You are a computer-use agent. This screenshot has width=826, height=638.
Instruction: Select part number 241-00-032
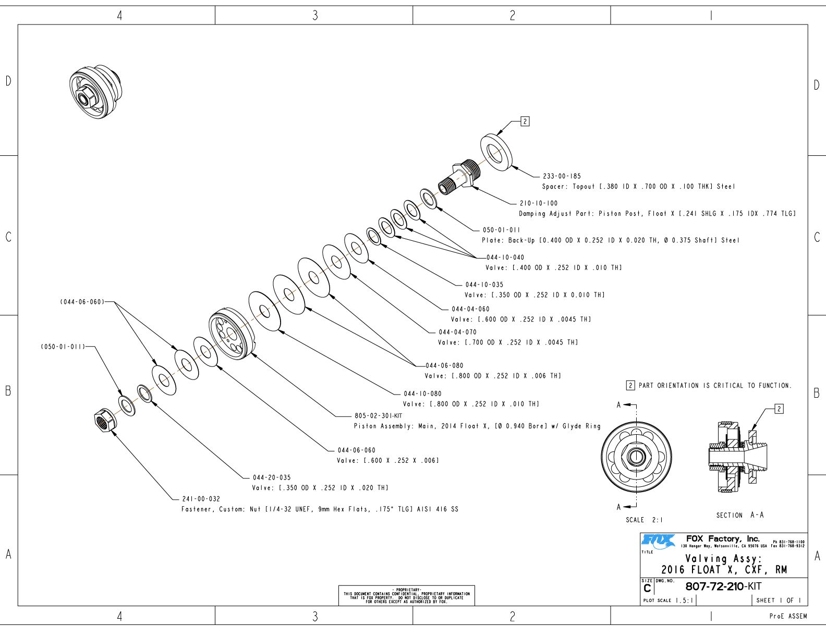coord(201,499)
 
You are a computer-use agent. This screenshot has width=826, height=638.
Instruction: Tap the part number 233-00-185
coord(562,176)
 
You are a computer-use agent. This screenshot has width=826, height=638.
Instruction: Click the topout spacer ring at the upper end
coord(496,152)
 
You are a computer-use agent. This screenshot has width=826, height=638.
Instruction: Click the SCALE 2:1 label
coord(644,520)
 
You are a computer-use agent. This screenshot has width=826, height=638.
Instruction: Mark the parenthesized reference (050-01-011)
coord(63,347)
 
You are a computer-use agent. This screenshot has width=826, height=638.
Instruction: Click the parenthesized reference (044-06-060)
coord(82,302)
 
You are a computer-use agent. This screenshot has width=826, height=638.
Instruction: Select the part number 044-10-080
coord(422,394)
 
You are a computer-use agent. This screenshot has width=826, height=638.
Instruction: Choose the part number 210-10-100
coord(539,203)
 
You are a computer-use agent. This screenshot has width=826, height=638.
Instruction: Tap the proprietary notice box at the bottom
coord(406,595)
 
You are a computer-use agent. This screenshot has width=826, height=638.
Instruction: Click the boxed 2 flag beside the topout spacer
coord(525,121)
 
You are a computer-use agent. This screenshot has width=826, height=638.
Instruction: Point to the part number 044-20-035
coord(272,477)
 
